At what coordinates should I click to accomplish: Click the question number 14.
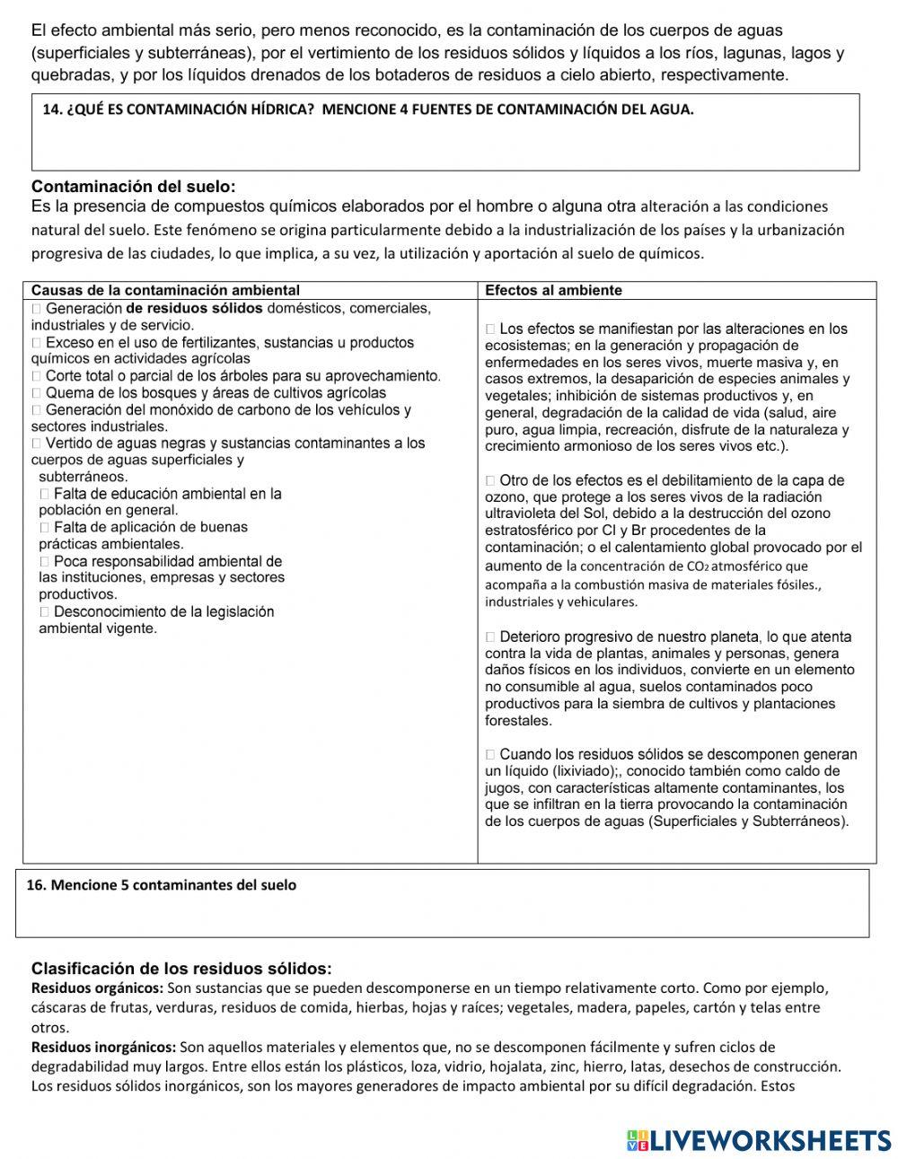pos(52,110)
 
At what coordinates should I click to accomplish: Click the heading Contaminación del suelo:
pos(133,187)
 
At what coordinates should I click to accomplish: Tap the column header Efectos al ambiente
pos(553,291)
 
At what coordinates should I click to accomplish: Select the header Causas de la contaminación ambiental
pos(165,291)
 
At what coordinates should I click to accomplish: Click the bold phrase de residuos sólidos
pos(194,309)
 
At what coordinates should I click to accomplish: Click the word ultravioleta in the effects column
pos(521,514)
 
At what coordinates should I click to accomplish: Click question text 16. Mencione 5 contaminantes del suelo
pos(162,885)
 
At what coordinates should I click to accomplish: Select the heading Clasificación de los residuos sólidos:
pos(181,969)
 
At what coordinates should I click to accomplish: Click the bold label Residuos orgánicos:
pos(97,988)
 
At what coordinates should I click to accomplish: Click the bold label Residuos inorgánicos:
pos(104,1048)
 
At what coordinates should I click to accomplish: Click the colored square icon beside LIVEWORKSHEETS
pos(637,1140)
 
